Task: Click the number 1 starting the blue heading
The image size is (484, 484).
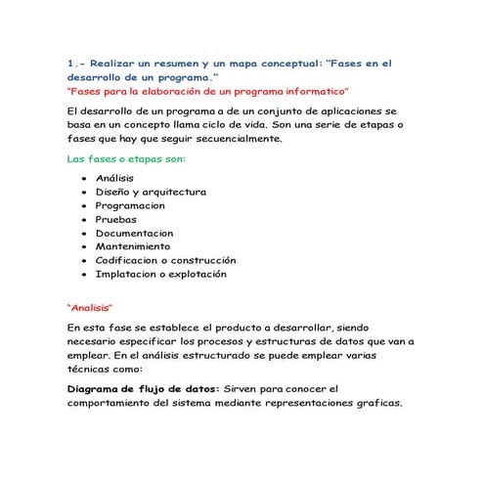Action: point(70,64)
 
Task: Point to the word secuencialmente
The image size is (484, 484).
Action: point(235,139)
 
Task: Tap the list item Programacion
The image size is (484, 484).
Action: point(130,206)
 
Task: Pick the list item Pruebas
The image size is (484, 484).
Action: point(115,220)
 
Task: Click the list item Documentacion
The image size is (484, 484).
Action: point(134,234)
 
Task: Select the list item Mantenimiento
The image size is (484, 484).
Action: point(133,247)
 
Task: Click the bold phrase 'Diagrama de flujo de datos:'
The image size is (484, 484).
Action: point(144,388)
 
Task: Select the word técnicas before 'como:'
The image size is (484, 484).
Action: point(90,370)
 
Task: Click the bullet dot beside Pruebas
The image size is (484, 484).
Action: point(86,220)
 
